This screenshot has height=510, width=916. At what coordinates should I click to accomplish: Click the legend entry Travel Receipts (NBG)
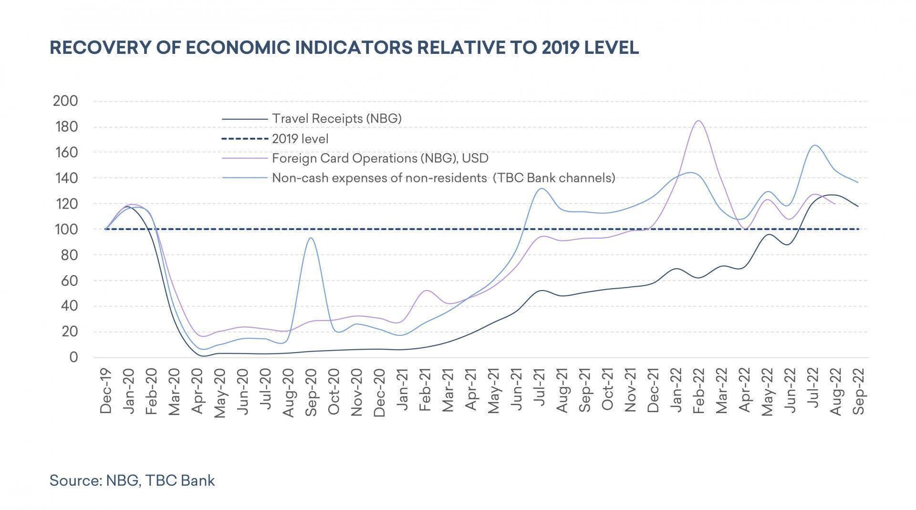tap(336, 118)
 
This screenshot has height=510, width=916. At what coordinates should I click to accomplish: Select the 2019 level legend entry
tap(300, 139)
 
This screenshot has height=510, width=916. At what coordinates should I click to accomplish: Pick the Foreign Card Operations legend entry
tap(380, 158)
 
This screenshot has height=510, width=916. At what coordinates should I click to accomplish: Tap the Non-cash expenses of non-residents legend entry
tap(443, 178)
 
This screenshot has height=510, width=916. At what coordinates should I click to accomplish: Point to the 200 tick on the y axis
tap(65, 101)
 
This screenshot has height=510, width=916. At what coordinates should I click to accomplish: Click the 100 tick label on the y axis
tap(65, 229)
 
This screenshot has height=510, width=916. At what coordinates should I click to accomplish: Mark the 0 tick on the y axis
tap(73, 357)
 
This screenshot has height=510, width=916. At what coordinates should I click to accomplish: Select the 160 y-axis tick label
tap(65, 153)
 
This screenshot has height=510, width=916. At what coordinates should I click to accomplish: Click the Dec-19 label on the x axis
tap(105, 391)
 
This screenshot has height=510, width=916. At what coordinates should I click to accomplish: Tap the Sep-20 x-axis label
tap(311, 391)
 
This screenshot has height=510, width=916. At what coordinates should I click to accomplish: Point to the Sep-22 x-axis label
tap(859, 391)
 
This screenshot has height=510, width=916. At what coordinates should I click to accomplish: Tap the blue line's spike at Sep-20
tap(311, 238)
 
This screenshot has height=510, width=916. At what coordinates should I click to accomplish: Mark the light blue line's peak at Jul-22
tap(814, 145)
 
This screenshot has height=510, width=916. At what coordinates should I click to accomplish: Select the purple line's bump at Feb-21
tap(426, 290)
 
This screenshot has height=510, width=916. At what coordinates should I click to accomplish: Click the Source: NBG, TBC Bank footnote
tap(132, 480)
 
